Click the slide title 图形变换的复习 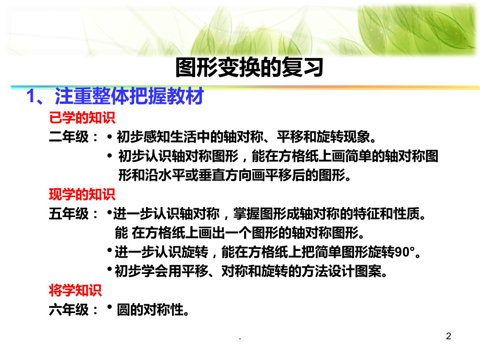click(x=249, y=67)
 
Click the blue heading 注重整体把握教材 click(x=129, y=96)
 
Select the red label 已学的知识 click(x=82, y=117)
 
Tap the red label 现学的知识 click(x=82, y=194)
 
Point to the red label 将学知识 click(x=75, y=290)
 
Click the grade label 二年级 click(x=69, y=137)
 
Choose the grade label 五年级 click(x=69, y=213)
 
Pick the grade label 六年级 click(x=69, y=309)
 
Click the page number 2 click(x=449, y=336)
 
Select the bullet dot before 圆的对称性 click(x=109, y=306)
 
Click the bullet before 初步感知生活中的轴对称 click(x=110, y=137)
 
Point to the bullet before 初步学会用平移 click(x=109, y=269)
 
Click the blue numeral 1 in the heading click(x=31, y=96)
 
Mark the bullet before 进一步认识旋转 click(x=109, y=250)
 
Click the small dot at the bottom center click(x=240, y=339)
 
